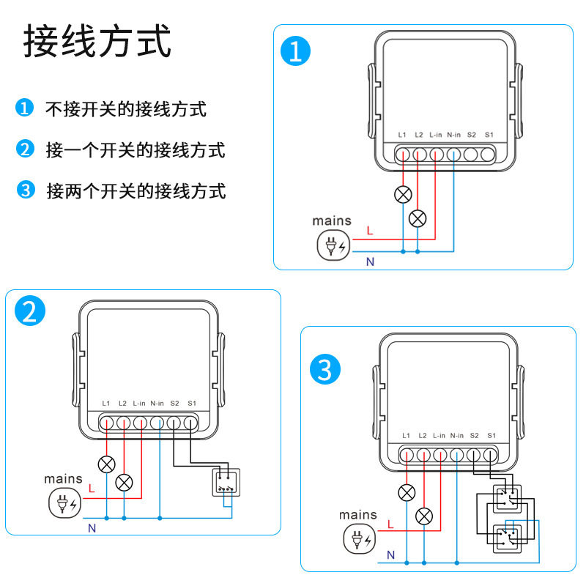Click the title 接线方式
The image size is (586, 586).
(x=97, y=42)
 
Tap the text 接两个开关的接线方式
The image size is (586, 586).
(x=136, y=192)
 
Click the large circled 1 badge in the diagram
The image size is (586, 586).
(x=297, y=52)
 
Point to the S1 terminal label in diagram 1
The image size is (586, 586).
(x=489, y=136)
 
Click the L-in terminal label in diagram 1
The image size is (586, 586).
(x=436, y=136)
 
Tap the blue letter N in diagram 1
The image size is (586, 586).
(x=370, y=261)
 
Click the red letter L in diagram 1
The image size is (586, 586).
(x=370, y=231)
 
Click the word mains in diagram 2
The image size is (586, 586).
(x=64, y=478)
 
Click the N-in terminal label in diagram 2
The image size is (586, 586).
(x=157, y=403)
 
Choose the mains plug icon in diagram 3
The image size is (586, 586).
(x=358, y=541)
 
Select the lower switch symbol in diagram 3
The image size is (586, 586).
(x=505, y=540)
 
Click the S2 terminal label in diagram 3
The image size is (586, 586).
(x=474, y=435)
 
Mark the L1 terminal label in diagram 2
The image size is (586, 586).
(x=106, y=403)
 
